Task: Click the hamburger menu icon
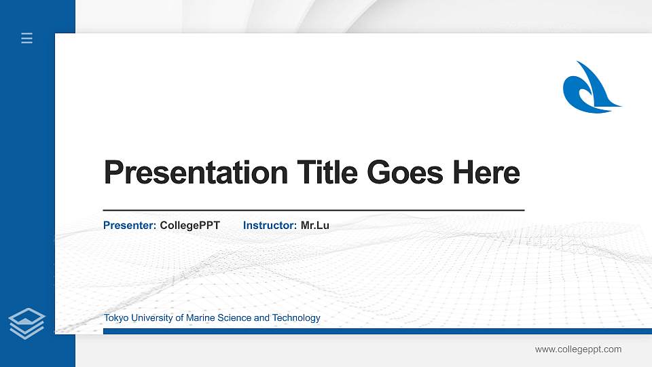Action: pyautogui.click(x=27, y=38)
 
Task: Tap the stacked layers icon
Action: pyautogui.click(x=27, y=323)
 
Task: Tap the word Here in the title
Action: pyautogui.click(x=486, y=173)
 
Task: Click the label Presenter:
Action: pyautogui.click(x=130, y=225)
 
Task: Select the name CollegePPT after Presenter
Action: pyautogui.click(x=190, y=225)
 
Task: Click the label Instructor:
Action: pyautogui.click(x=270, y=225)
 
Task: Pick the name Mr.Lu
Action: pyautogui.click(x=315, y=225)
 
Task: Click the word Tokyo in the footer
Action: pyautogui.click(x=115, y=318)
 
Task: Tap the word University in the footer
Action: pyautogui.click(x=151, y=318)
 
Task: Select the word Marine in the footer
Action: pyautogui.click(x=200, y=318)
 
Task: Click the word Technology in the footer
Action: pyautogui.click(x=296, y=318)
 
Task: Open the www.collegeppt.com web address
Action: pyautogui.click(x=578, y=349)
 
